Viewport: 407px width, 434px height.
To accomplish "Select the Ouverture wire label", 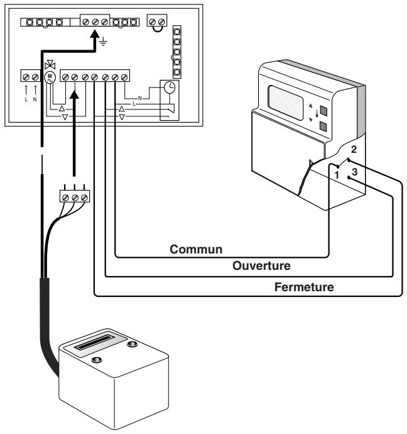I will click(262, 266).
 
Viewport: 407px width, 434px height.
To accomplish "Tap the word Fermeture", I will click(305, 287).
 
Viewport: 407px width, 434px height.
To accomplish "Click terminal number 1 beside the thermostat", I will click(337, 174).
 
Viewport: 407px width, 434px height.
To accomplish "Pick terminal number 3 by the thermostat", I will click(355, 172).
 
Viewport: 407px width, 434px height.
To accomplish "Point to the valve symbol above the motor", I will click(50, 65).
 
